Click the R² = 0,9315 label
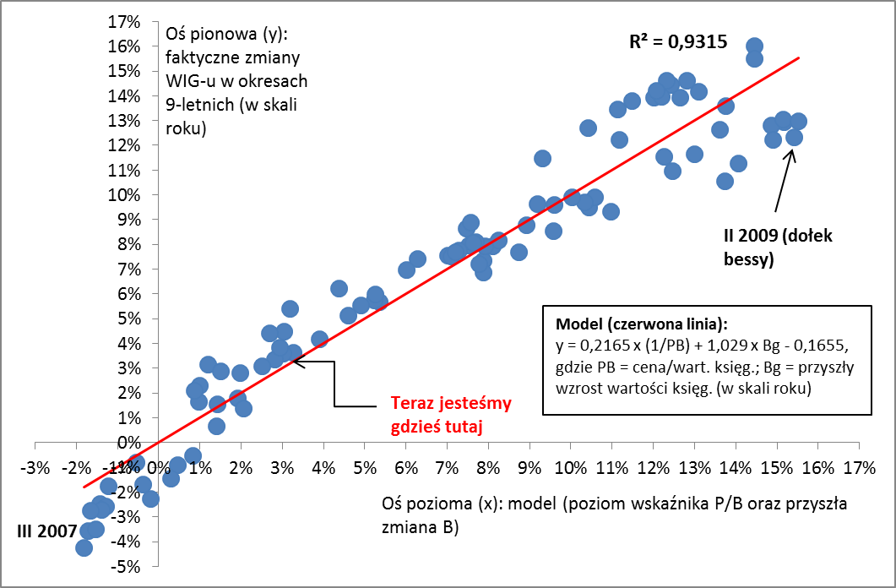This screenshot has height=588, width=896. tap(678, 43)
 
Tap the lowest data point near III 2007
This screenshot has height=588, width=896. tap(84, 547)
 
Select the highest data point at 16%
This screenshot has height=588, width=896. tap(755, 46)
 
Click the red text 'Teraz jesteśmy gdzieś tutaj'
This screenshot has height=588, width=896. tap(451, 416)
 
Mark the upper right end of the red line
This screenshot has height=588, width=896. tap(798, 57)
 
